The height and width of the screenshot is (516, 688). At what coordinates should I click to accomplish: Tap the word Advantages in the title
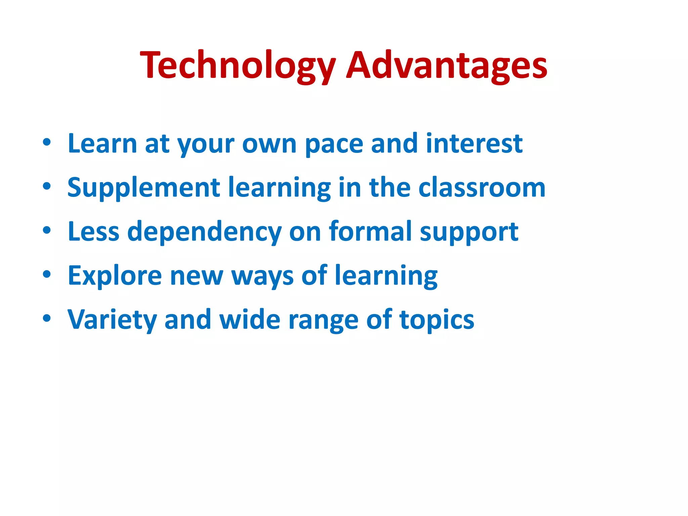(447, 66)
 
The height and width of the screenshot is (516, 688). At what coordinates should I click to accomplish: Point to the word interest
(474, 144)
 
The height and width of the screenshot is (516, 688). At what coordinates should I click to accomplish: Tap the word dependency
(204, 232)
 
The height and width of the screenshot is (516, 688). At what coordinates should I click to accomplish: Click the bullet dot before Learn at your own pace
(47, 142)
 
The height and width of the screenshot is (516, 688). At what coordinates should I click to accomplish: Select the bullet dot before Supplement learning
(47, 186)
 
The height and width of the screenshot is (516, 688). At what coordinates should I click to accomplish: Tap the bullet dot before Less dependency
(47, 230)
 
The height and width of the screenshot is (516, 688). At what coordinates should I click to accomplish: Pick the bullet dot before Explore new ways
(47, 274)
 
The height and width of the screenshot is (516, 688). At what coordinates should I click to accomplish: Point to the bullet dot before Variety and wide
(47, 318)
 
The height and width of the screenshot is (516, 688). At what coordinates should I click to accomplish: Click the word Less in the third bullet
(93, 231)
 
